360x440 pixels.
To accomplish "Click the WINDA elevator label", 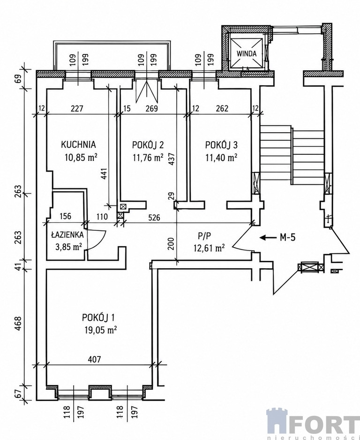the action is [x=247, y=53].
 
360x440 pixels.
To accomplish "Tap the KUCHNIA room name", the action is [x=78, y=144].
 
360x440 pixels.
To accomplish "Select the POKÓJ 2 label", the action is [x=148, y=145].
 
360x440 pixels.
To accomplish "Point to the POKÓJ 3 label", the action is [x=222, y=145].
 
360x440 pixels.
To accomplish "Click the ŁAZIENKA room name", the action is [x=67, y=235].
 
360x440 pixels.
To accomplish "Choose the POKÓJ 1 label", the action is [x=98, y=318].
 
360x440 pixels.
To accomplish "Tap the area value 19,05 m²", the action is [x=100, y=330].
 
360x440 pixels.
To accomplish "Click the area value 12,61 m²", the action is [x=209, y=248].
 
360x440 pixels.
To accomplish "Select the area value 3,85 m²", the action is [x=69, y=247].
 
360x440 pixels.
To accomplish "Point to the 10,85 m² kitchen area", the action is [x=81, y=157].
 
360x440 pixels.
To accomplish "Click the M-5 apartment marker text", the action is [x=288, y=238].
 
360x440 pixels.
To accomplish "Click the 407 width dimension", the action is [x=94, y=359].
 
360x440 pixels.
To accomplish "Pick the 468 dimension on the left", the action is [x=18, y=324].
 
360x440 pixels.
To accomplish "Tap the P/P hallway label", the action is [x=204, y=236].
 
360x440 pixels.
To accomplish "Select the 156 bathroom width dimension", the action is [x=66, y=216].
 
